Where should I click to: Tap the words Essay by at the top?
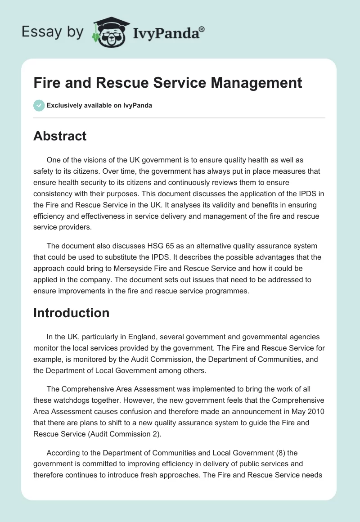(x=53, y=31)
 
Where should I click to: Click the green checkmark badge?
(x=39, y=105)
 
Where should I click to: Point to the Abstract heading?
(x=60, y=136)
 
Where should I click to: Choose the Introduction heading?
(x=71, y=313)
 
